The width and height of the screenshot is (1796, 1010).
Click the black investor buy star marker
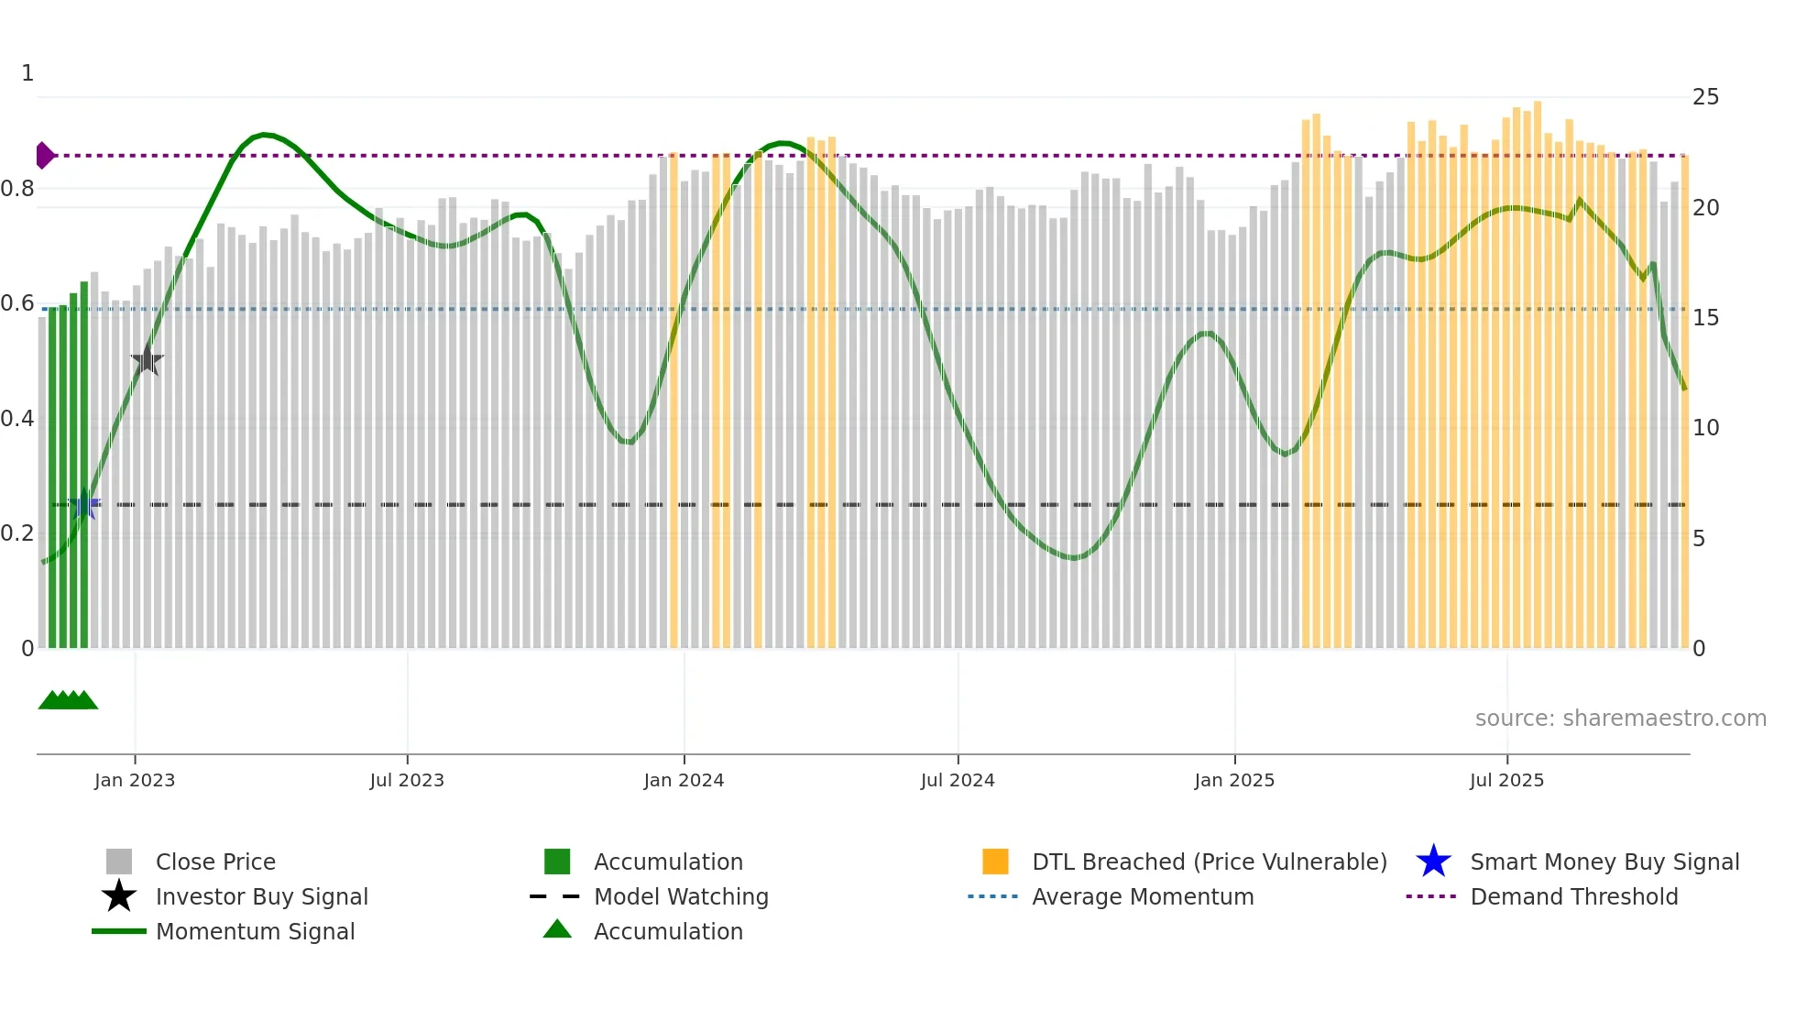[147, 360]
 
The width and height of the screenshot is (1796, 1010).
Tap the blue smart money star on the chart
[85, 504]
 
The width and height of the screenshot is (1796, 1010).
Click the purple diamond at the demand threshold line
[44, 156]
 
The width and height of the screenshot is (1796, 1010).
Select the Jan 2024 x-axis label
[684, 780]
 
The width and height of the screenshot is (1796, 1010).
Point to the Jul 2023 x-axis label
[407, 780]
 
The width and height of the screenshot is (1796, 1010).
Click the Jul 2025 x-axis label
[1506, 780]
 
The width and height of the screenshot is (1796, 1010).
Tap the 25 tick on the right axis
[1705, 97]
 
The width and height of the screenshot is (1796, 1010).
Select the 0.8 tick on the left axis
[18, 189]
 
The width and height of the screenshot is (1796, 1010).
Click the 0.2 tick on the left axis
[18, 533]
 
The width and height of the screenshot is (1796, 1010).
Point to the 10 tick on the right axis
[1705, 428]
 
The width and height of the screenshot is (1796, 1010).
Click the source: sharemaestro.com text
[1620, 719]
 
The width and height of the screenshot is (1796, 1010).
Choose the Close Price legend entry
[215, 862]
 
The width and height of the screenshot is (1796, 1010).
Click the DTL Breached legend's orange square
[995, 862]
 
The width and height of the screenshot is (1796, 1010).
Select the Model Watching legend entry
[681, 896]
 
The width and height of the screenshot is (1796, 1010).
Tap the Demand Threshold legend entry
[1573, 896]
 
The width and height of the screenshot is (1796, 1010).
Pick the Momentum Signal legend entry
[255, 931]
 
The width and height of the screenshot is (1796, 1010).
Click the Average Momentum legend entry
[1143, 896]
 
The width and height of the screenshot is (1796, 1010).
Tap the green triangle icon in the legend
[557, 929]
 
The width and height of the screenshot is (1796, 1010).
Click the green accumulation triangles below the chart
[68, 700]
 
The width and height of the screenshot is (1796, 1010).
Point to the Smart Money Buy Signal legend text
[1604, 862]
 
